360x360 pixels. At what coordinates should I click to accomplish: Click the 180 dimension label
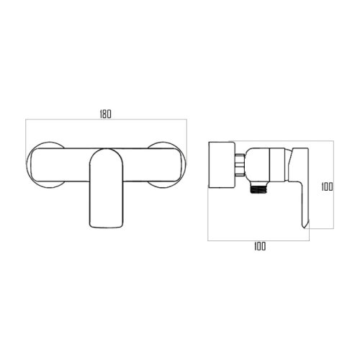point(106,114)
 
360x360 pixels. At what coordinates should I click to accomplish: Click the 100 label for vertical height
point(327,186)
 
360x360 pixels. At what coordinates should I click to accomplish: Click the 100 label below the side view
point(260,246)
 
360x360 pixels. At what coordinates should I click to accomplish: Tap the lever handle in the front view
point(107,189)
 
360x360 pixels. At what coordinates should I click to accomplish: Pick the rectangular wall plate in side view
point(221,165)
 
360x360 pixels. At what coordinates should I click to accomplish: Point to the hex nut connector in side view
point(240,165)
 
